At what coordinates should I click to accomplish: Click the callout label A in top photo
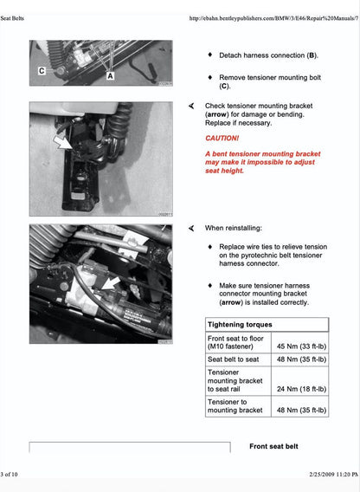click(x=110, y=75)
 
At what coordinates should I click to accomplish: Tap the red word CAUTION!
click(x=222, y=138)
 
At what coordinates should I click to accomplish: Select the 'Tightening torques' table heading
click(x=235, y=324)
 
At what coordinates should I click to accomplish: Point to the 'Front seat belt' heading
click(x=273, y=446)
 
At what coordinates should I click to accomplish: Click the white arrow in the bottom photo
click(x=109, y=282)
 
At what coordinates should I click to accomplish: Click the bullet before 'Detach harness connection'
click(x=209, y=55)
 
